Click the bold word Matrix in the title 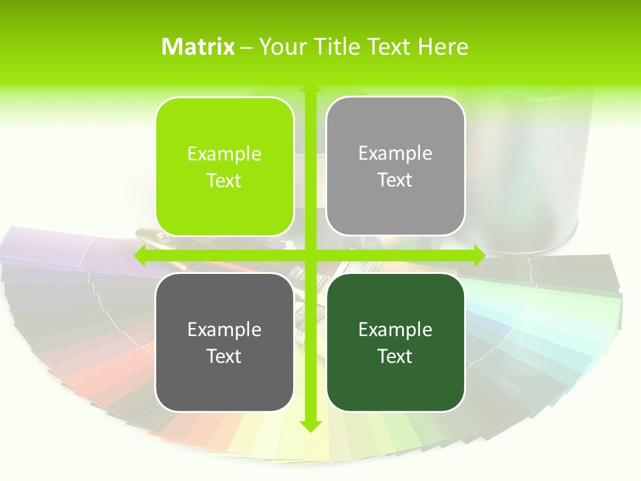[198, 47]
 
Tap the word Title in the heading [341, 47]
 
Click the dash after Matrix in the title [246, 47]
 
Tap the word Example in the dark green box [395, 329]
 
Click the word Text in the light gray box [395, 180]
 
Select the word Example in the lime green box [224, 154]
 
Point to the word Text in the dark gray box [224, 356]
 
